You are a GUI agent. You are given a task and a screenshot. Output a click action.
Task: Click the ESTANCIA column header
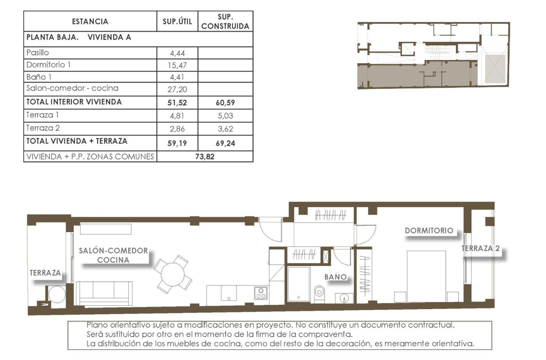[x=90, y=22]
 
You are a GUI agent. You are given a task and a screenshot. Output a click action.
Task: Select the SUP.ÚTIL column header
[x=177, y=22]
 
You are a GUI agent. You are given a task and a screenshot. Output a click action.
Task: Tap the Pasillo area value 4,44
[x=177, y=53]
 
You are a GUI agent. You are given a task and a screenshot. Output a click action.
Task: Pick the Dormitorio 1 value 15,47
[x=177, y=65]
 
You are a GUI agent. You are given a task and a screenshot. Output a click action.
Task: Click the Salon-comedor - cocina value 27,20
[x=177, y=89]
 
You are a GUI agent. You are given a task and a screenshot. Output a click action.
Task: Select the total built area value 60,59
[x=225, y=102]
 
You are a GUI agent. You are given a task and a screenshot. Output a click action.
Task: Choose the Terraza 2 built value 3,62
[x=225, y=128]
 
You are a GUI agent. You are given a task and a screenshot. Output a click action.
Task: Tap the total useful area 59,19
[x=177, y=143]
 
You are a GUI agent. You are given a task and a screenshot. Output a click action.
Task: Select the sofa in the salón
[x=104, y=293]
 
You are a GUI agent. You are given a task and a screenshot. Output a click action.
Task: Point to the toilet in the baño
[x=320, y=292]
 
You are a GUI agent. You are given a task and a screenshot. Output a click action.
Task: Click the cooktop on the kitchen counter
[x=261, y=293]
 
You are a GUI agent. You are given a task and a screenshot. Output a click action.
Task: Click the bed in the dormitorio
[x=426, y=276]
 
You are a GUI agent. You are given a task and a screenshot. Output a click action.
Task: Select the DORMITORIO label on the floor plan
[x=429, y=231]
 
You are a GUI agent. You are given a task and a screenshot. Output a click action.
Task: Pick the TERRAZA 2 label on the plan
[x=480, y=249]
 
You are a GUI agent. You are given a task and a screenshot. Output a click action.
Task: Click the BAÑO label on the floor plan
[x=336, y=277]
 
